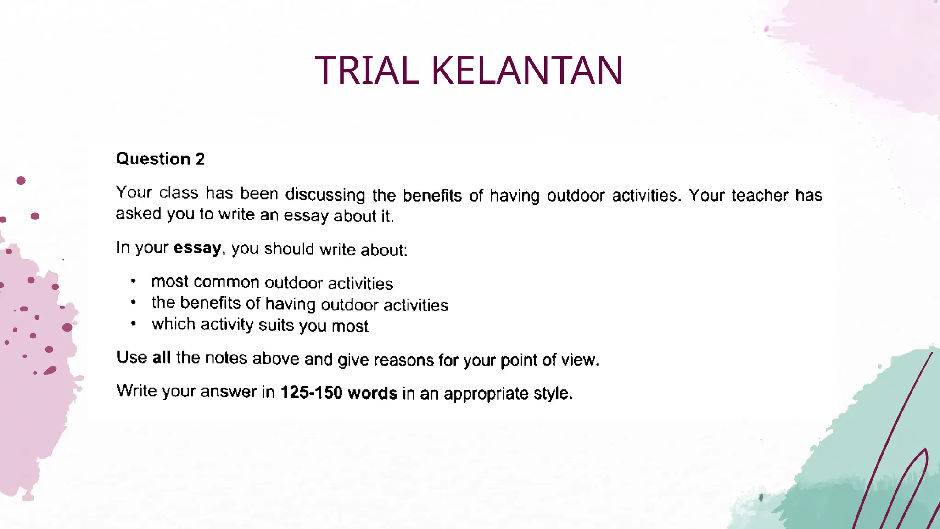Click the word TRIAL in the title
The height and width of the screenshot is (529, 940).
(x=367, y=70)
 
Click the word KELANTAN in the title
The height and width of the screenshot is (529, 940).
(x=527, y=70)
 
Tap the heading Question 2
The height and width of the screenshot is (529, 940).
(x=160, y=159)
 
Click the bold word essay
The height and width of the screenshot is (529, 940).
(x=197, y=248)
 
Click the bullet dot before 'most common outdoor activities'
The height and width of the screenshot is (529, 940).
(x=133, y=281)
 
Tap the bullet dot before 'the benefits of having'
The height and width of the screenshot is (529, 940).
(x=133, y=302)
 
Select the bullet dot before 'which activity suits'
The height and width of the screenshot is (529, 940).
(x=133, y=324)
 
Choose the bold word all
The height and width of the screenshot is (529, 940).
(x=161, y=357)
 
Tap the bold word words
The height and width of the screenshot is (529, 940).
(x=372, y=393)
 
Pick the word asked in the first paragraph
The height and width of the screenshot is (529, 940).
(x=139, y=214)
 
